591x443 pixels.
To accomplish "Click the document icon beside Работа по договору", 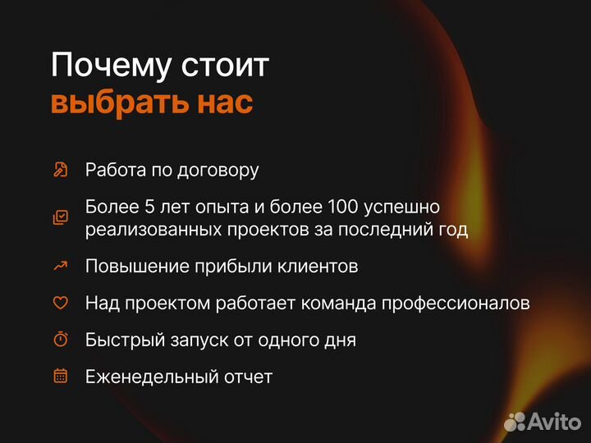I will point(60,170).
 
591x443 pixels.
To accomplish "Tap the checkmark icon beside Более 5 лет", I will point(60,217).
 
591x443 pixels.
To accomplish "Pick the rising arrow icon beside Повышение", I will point(60,266).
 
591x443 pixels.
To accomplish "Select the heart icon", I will point(60,303).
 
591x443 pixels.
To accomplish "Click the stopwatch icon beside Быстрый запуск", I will point(60,340).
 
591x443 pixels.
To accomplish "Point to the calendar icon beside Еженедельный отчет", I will point(60,377).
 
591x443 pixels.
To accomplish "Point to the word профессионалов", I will point(461,303).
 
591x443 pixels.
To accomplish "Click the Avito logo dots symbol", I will point(515,421).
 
